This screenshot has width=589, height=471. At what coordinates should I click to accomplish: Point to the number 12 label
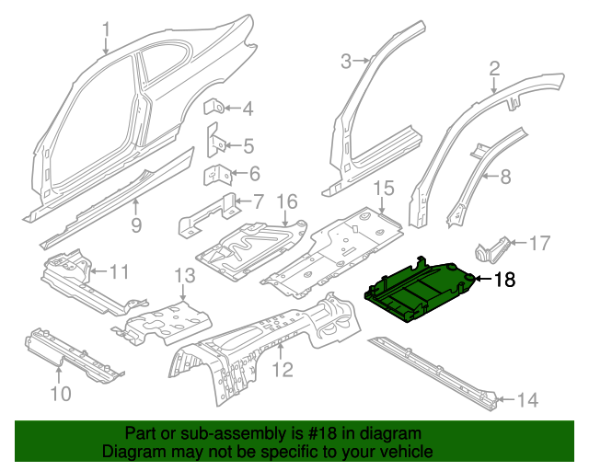click(283, 370)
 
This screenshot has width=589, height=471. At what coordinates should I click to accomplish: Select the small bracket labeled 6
click(216, 173)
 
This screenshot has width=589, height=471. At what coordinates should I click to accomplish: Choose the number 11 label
click(121, 272)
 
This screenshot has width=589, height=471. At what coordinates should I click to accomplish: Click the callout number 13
click(184, 275)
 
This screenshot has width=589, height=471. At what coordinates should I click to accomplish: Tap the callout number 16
click(287, 201)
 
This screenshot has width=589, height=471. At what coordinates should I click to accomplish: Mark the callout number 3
click(346, 62)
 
